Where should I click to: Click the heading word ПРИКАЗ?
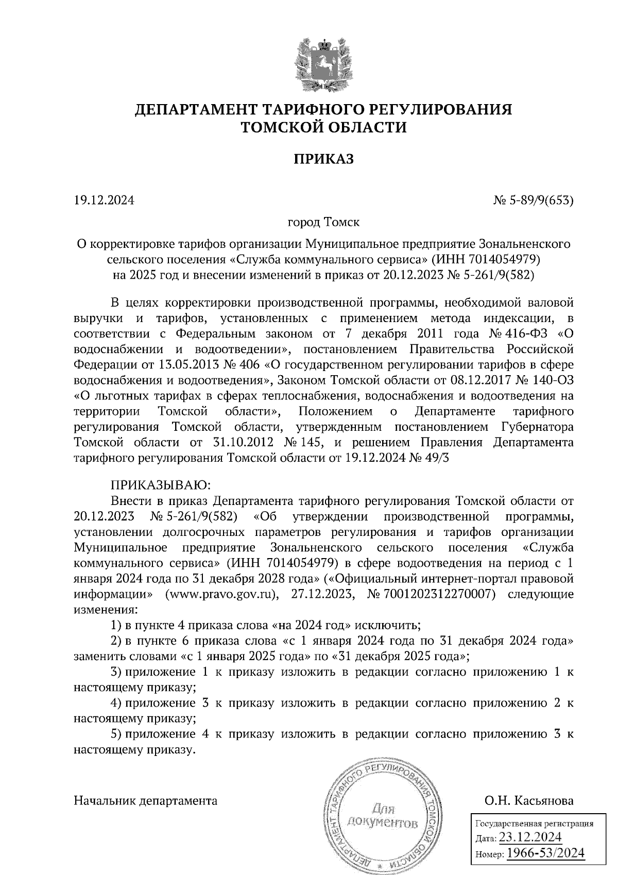pyautogui.click(x=324, y=159)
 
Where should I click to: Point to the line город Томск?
pyautogui.click(x=323, y=223)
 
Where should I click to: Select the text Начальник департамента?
pyautogui.click(x=146, y=801)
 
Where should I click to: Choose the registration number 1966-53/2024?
pyautogui.click(x=546, y=853)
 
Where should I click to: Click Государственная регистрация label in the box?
pyautogui.click(x=534, y=823)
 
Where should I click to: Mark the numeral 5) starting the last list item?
pyautogui.click(x=116, y=734)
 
